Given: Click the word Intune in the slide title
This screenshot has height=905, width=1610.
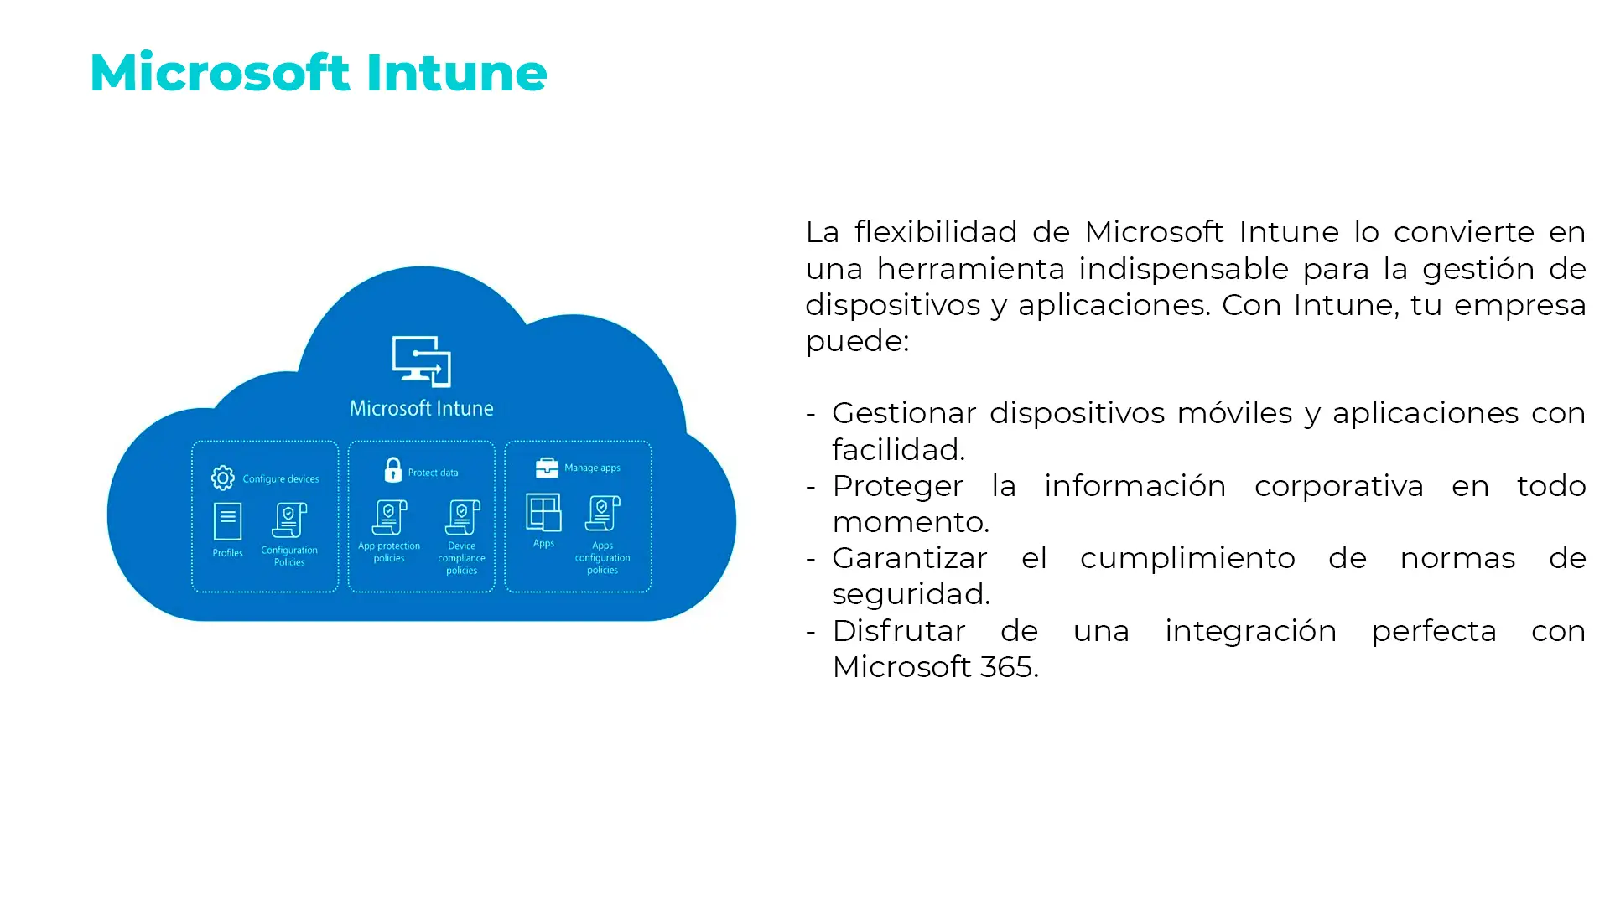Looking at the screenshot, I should pyautogui.click(x=456, y=73).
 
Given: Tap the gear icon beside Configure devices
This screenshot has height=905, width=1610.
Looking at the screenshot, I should pyautogui.click(x=223, y=478).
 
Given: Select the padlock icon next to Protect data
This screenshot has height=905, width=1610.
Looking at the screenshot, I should pyautogui.click(x=392, y=470).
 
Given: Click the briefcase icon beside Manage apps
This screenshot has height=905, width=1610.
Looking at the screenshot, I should pyautogui.click(x=547, y=468).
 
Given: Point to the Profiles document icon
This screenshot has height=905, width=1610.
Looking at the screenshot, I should pyautogui.click(x=227, y=521).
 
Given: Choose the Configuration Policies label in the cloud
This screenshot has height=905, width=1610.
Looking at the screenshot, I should pyautogui.click(x=289, y=556).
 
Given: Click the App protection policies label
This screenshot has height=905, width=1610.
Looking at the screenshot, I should pyautogui.click(x=389, y=552).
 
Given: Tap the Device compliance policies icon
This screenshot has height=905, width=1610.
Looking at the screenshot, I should pyautogui.click(x=462, y=518).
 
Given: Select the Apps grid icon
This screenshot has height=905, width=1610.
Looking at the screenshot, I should pyautogui.click(x=543, y=512).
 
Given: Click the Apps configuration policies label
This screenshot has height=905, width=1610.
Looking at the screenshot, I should pyautogui.click(x=602, y=558).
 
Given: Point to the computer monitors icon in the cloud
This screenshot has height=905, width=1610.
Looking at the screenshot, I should pyautogui.click(x=422, y=361).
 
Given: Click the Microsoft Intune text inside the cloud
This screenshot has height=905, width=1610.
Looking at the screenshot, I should pyautogui.click(x=421, y=409).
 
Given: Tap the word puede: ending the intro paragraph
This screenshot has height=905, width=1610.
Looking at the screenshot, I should pyautogui.click(x=857, y=341).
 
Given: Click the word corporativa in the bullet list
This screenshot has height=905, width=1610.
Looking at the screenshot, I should pyautogui.click(x=1338, y=486).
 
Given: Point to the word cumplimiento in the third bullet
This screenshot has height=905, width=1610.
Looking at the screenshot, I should pyautogui.click(x=1187, y=558).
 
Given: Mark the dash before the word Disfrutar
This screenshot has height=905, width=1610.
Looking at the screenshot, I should pyautogui.click(x=811, y=631).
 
